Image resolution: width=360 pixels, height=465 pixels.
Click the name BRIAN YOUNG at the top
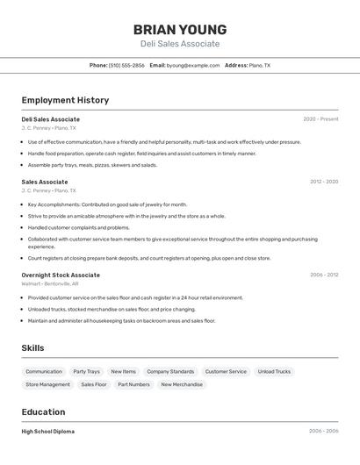click(x=179, y=29)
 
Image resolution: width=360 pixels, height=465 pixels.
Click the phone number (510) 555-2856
click(x=126, y=65)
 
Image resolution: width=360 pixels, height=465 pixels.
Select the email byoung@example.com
click(x=193, y=65)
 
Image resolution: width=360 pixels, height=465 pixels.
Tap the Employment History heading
click(x=65, y=100)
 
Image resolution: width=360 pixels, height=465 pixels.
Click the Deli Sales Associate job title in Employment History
click(x=50, y=119)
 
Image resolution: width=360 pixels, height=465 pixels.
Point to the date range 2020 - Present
click(x=320, y=119)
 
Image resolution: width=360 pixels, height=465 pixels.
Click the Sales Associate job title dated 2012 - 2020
click(x=45, y=182)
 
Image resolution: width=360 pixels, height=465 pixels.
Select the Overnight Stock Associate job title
click(x=61, y=275)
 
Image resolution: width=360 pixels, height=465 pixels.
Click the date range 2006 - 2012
click(x=323, y=275)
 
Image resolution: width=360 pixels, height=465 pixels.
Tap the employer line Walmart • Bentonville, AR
click(x=50, y=283)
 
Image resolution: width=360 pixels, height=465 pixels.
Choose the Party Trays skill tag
click(x=86, y=371)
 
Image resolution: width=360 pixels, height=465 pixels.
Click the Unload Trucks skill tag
click(x=274, y=371)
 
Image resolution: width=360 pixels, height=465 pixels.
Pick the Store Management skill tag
click(x=47, y=384)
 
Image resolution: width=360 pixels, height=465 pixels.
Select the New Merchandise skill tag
click(x=182, y=384)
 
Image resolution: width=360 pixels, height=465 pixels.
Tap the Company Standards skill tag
click(x=170, y=371)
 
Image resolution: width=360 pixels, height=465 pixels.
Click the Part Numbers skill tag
click(x=133, y=384)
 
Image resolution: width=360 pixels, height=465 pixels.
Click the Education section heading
click(x=43, y=411)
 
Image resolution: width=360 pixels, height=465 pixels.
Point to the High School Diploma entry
click(x=48, y=432)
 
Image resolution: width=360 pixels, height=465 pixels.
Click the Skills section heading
click(x=32, y=347)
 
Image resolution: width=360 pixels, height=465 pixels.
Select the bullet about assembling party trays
click(x=92, y=165)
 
